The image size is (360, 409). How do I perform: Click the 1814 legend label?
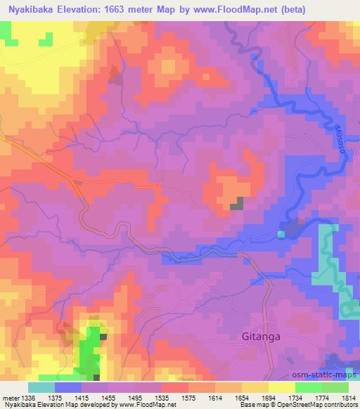[348, 397]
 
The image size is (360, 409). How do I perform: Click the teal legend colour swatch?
[41, 387]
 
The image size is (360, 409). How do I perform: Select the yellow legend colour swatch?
[282, 387]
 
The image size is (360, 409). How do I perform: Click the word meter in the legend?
[10, 397]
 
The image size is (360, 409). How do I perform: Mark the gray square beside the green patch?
[103, 337]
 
